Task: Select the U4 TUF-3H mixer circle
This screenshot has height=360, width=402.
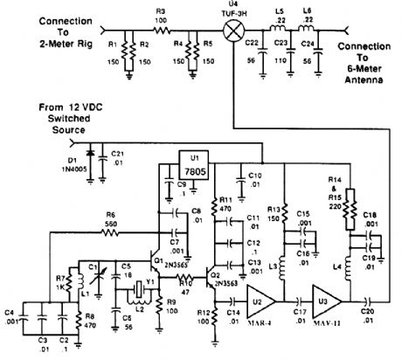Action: tap(233, 29)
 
